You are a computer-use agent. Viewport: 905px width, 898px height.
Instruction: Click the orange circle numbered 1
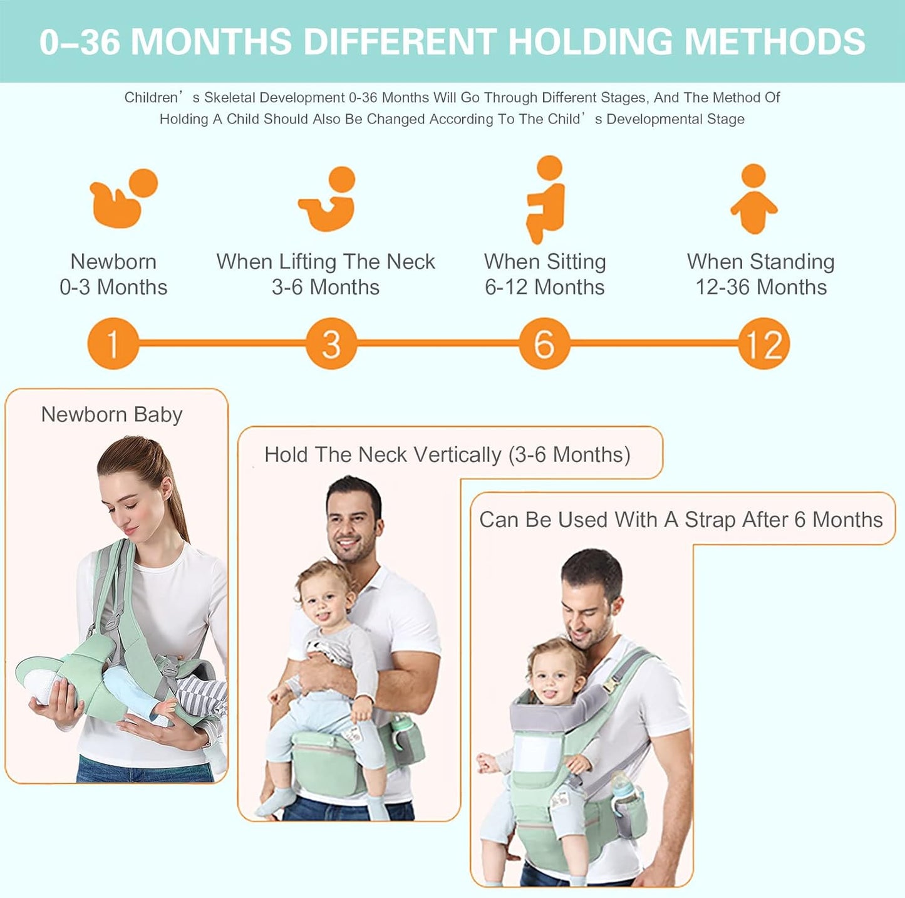[113, 343]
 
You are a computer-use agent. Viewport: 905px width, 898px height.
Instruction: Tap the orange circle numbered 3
[331, 343]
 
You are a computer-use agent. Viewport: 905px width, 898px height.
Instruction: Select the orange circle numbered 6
[544, 343]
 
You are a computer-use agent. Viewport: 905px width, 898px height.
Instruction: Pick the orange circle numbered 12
[763, 343]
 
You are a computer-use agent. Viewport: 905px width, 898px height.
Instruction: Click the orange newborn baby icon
[123, 198]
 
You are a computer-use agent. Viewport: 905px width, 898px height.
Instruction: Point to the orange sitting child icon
[546, 199]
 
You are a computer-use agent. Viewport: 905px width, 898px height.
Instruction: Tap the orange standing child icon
[754, 199]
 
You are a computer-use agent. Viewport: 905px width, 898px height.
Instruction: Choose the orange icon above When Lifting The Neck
[328, 198]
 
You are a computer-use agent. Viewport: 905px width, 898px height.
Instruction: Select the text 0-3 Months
[113, 287]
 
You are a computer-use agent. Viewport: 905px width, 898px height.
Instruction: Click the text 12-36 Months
[761, 287]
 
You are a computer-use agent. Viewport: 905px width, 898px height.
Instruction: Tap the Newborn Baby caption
[111, 414]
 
